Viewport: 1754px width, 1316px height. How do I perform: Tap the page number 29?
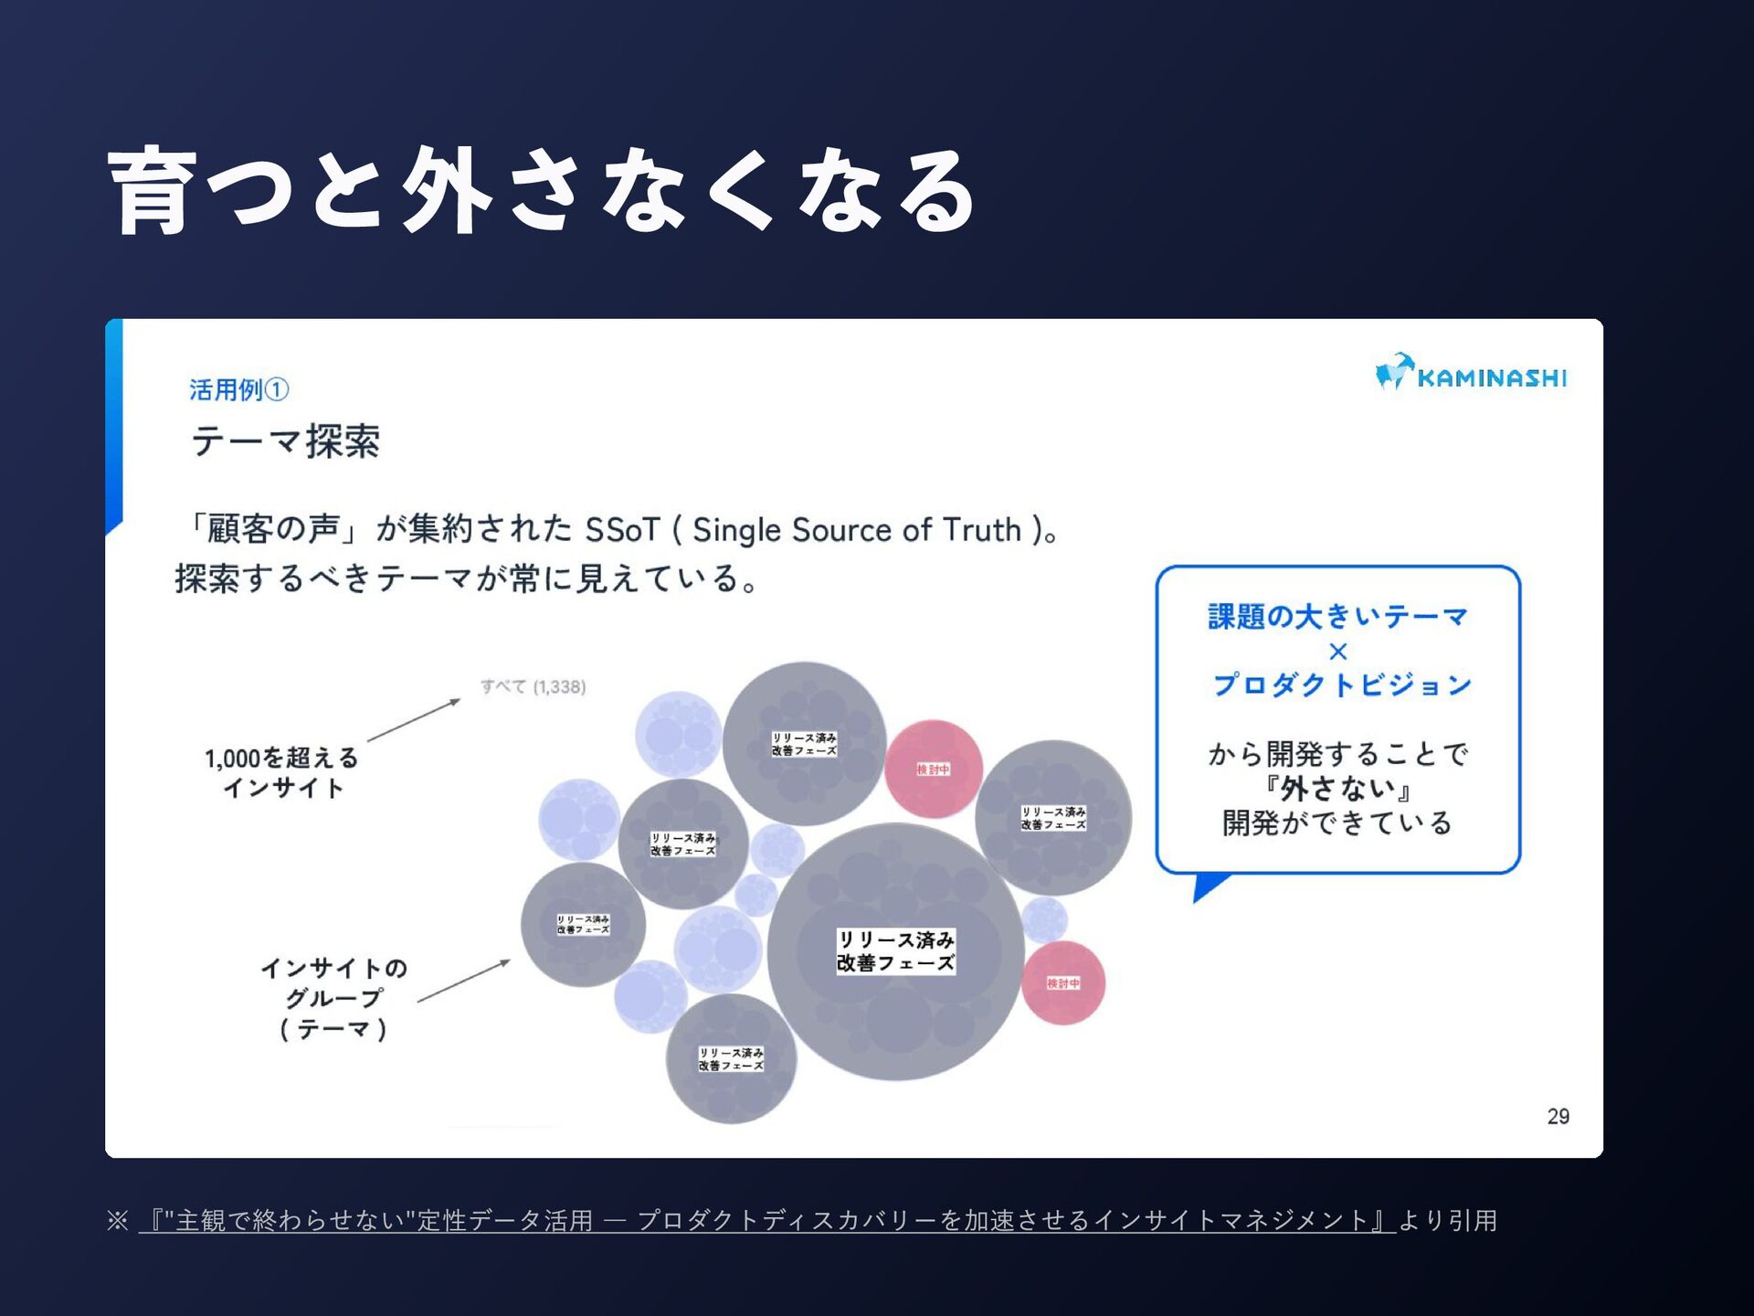click(x=1558, y=1116)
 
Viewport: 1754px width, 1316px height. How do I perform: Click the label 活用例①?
click(x=238, y=390)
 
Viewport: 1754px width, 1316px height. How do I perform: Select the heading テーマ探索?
click(x=285, y=441)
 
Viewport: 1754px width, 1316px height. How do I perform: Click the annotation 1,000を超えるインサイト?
click(x=281, y=772)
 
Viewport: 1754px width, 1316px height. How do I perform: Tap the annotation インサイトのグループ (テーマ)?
click(x=333, y=998)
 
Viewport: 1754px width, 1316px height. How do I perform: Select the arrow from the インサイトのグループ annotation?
click(x=463, y=981)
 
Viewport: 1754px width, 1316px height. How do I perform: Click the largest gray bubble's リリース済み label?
click(x=895, y=950)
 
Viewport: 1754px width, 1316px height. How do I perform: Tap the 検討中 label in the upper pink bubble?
click(x=933, y=769)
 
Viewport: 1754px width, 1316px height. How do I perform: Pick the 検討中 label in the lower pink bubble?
click(x=1062, y=983)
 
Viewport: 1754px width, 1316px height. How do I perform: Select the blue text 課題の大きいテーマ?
click(x=1337, y=617)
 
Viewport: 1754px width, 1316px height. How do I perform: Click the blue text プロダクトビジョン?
click(x=1341, y=685)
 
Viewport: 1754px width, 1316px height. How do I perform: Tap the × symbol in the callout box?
click(x=1337, y=652)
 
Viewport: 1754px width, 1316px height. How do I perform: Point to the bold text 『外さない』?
click(x=1337, y=788)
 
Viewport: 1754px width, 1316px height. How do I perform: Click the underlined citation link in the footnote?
click(x=766, y=1221)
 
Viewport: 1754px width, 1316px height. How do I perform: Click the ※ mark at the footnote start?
click(x=117, y=1221)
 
